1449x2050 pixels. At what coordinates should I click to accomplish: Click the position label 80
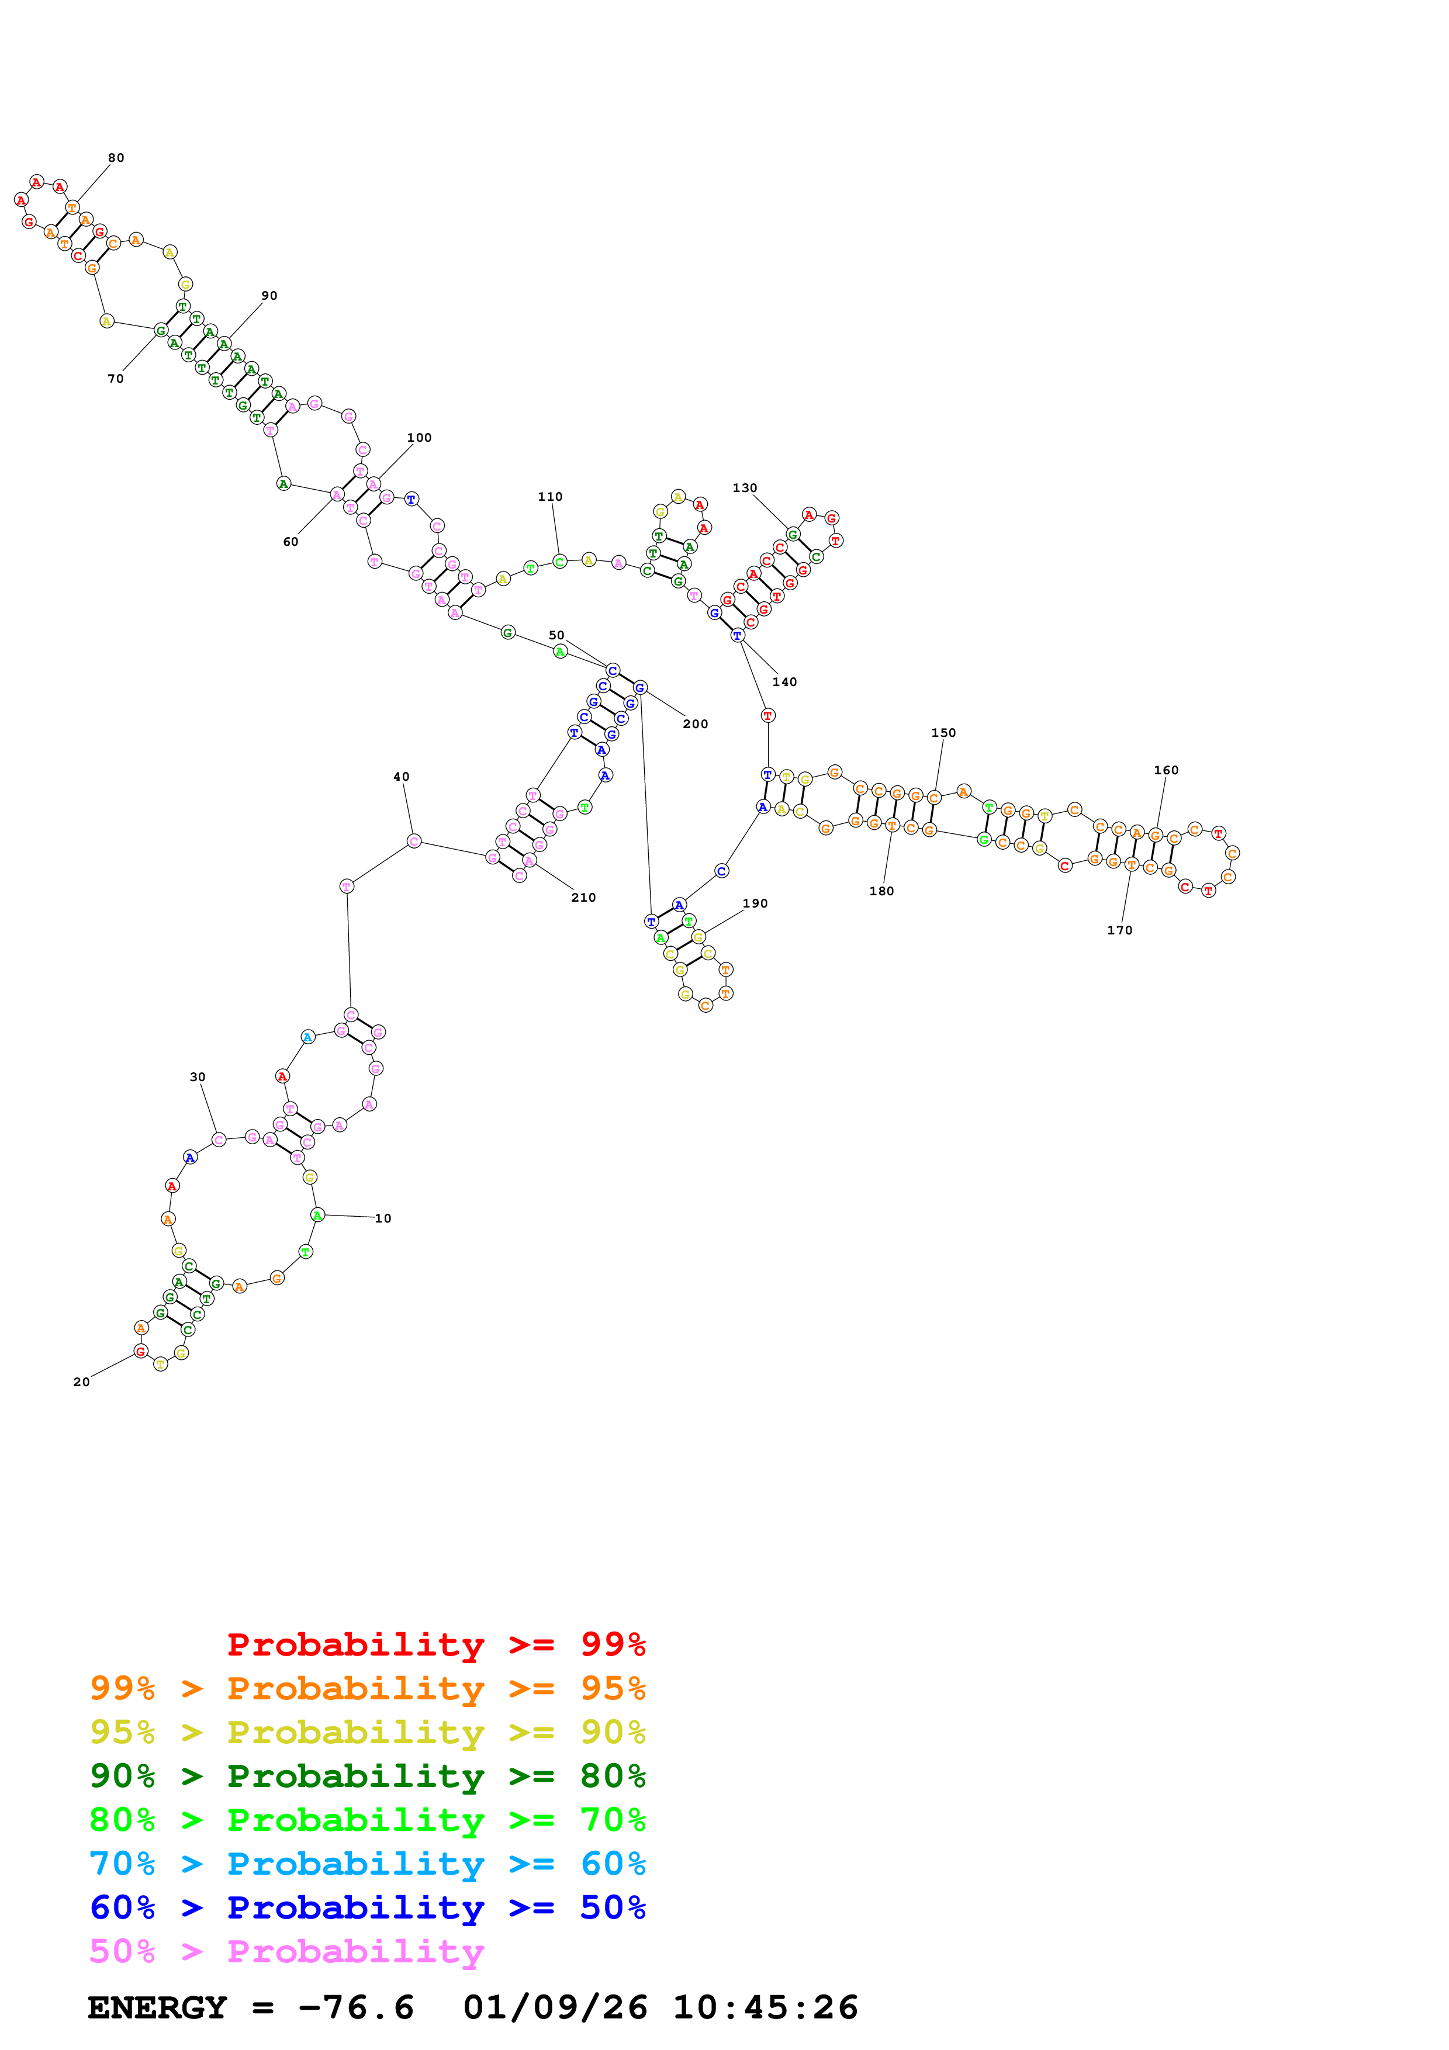coord(116,158)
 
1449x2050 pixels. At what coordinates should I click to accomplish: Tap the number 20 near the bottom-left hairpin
coord(81,1382)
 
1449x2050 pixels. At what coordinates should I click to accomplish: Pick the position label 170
coord(1119,930)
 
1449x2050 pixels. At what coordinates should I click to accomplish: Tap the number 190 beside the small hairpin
coord(755,903)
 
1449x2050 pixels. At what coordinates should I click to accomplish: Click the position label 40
coord(402,777)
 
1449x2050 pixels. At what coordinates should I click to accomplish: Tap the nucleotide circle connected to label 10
coord(317,1214)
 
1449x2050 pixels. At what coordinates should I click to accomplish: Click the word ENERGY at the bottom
coord(157,2007)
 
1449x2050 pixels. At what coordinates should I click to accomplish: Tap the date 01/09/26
coord(555,2007)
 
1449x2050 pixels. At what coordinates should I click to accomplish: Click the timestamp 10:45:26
coord(765,2007)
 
